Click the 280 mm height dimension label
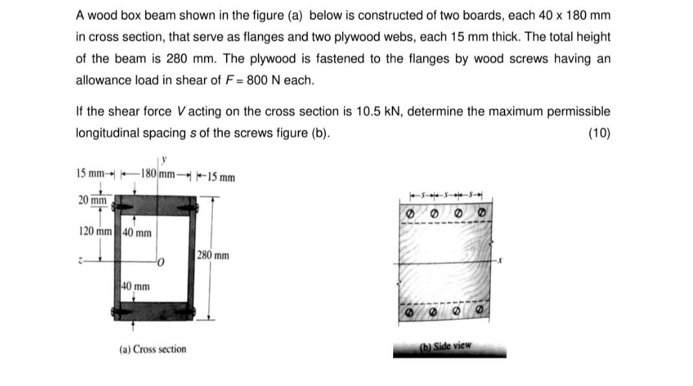[x=212, y=256]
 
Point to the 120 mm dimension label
[x=94, y=232]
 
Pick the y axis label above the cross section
[x=164, y=158]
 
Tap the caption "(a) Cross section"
[x=153, y=349]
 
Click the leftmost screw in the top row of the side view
[x=409, y=213]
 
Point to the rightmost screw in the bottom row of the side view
[x=480, y=311]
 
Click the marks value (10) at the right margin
[x=598, y=134]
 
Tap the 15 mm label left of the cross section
[x=90, y=173]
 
